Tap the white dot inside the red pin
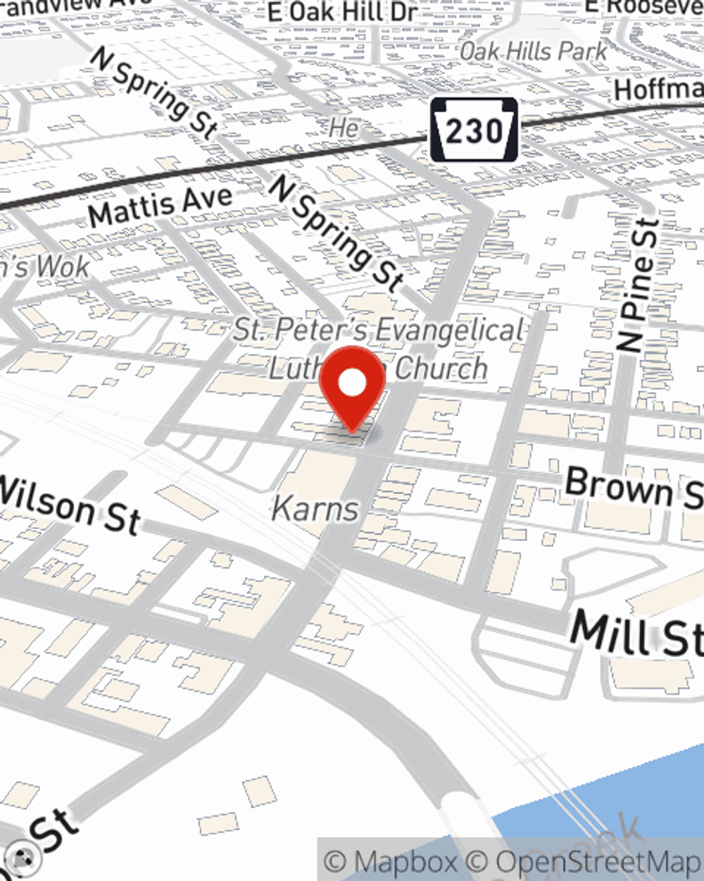click(x=353, y=383)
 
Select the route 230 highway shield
click(x=474, y=130)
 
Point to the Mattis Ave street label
click(x=161, y=205)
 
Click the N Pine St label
click(x=639, y=285)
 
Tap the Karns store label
click(x=315, y=508)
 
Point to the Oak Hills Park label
click(x=533, y=51)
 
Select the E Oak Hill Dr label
click(x=343, y=12)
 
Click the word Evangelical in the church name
click(x=449, y=330)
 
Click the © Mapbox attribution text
click(x=390, y=861)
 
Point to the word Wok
click(x=63, y=266)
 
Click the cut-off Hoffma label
click(x=658, y=90)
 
